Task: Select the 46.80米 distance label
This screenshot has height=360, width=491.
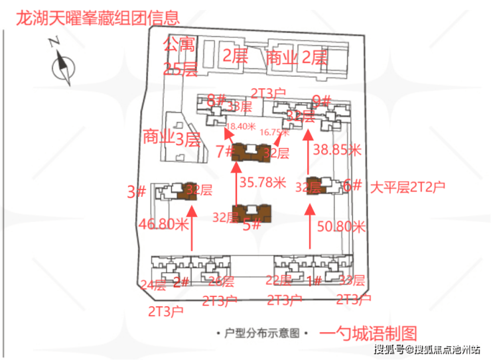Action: tap(164, 224)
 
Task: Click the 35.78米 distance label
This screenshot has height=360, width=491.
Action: tap(262, 182)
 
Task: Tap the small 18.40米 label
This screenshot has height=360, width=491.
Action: tap(241, 125)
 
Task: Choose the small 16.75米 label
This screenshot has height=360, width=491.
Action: tap(273, 132)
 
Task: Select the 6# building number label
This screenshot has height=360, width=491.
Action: tap(352, 186)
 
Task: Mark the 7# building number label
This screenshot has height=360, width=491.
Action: tap(224, 151)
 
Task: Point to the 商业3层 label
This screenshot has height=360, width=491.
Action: tap(171, 138)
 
